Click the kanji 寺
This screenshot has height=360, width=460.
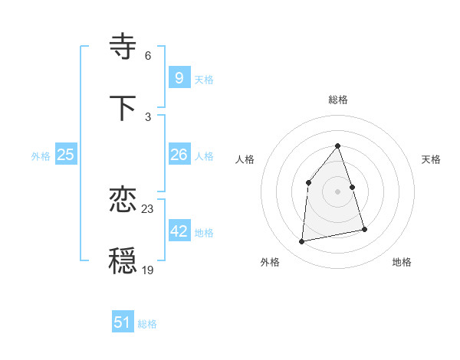(x=124, y=47)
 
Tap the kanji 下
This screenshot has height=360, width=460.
(x=124, y=108)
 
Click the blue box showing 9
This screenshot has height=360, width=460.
(x=179, y=77)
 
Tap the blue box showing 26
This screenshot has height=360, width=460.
(x=179, y=155)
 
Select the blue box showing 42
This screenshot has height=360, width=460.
(x=179, y=231)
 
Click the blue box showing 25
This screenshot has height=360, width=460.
(x=66, y=155)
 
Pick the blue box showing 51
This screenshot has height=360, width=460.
(x=123, y=322)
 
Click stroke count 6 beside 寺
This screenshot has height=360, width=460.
(x=148, y=56)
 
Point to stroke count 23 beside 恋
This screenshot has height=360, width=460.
(x=148, y=209)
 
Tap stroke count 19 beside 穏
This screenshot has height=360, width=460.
(x=148, y=270)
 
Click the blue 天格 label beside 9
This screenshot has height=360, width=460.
(x=204, y=79)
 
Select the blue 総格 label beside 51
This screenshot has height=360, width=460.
(x=147, y=324)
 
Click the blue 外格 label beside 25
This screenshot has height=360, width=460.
(x=41, y=156)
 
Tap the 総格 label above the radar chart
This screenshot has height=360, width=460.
(x=337, y=100)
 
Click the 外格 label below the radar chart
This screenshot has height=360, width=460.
(x=270, y=263)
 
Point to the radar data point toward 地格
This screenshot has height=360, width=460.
(x=364, y=229)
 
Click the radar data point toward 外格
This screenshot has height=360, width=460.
(x=302, y=242)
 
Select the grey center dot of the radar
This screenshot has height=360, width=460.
(x=337, y=191)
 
